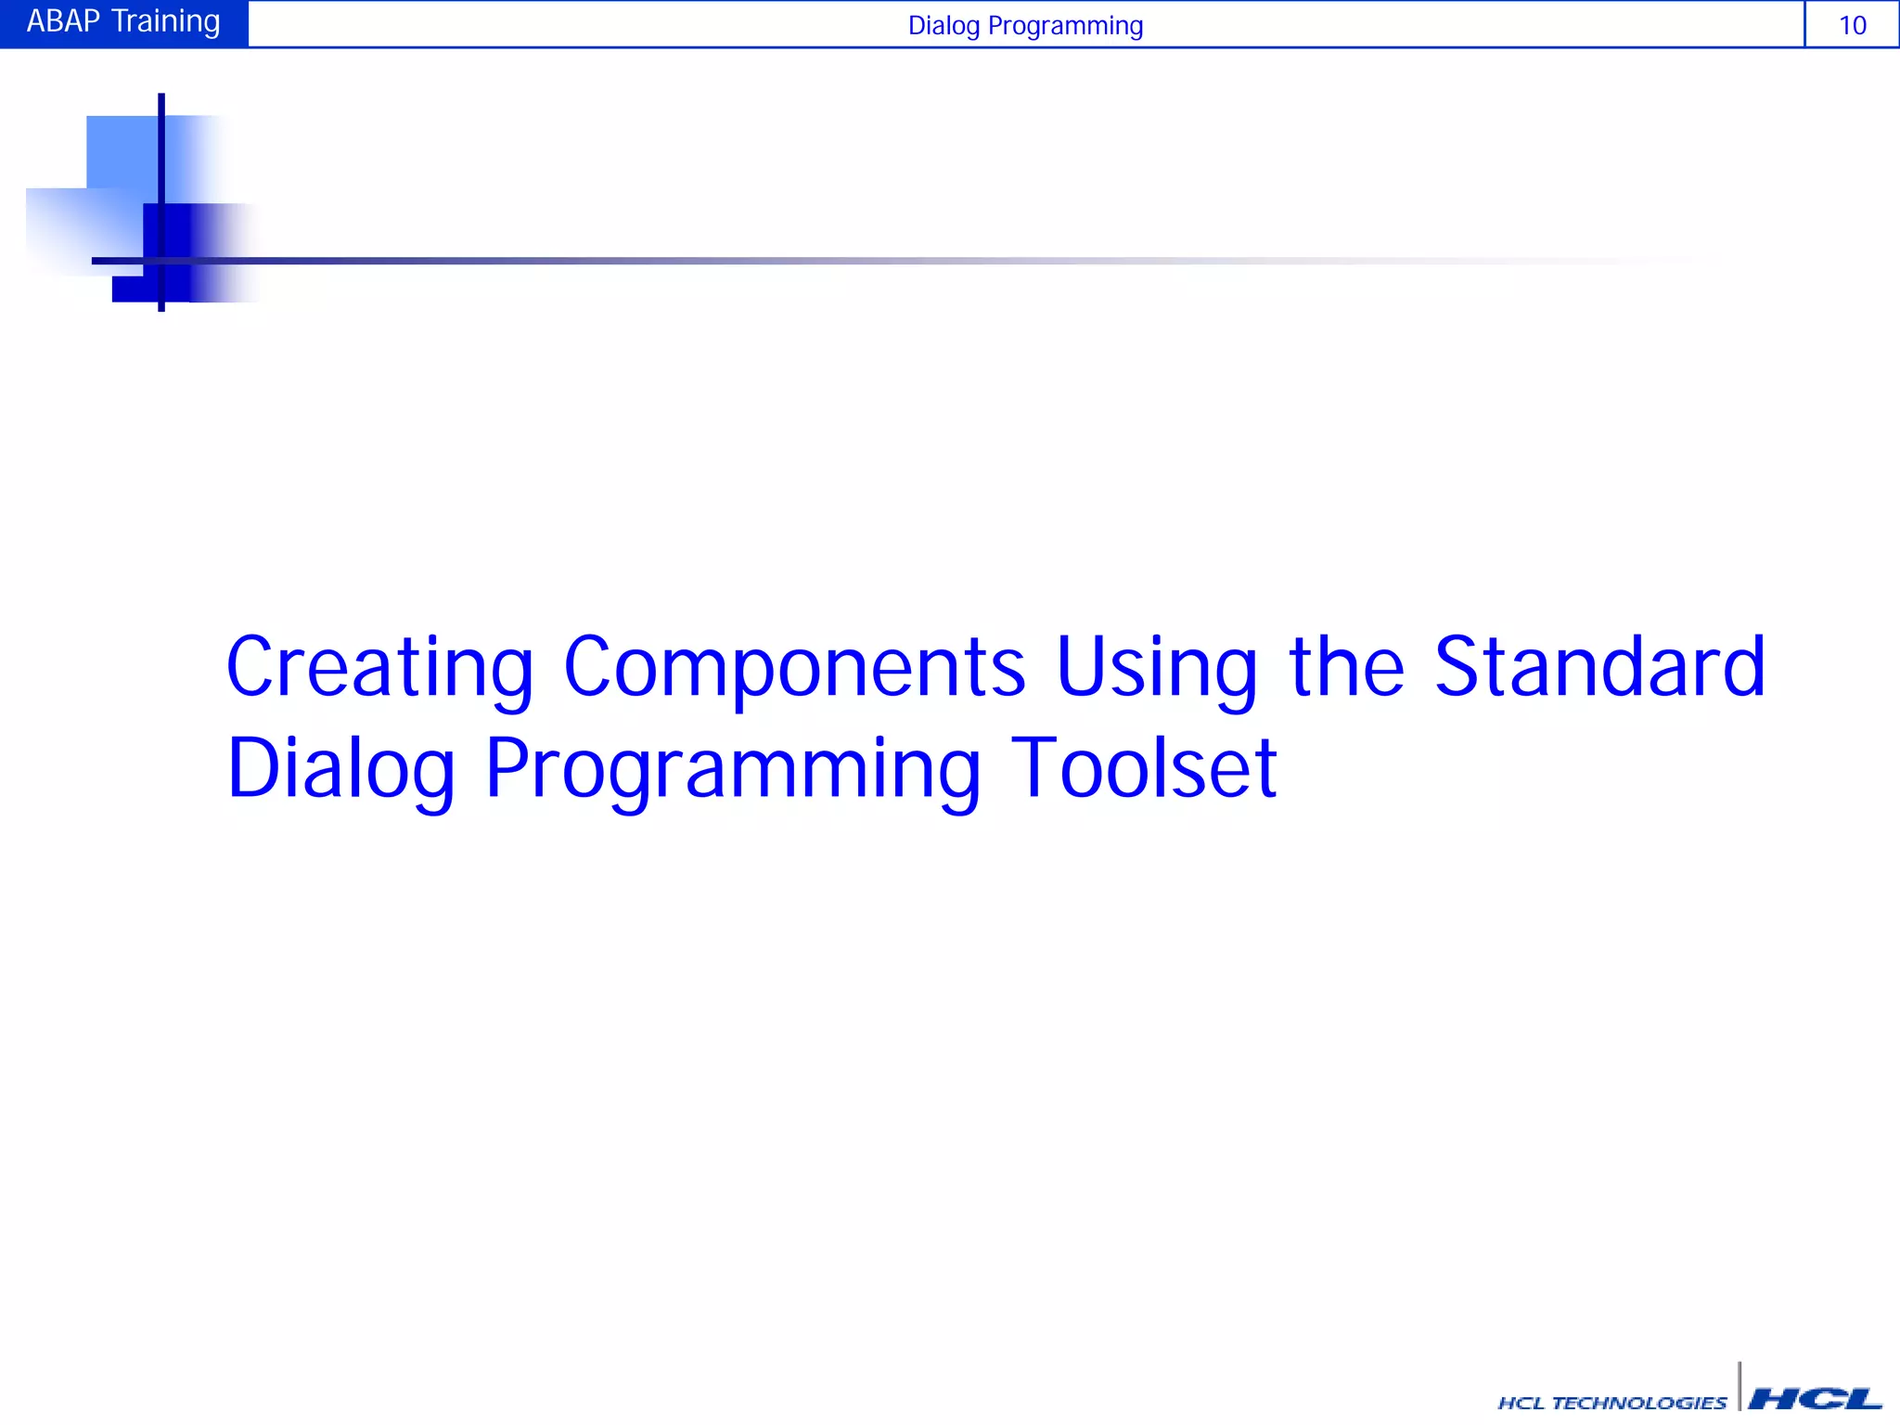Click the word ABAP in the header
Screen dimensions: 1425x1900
(63, 21)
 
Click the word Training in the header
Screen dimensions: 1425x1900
(166, 21)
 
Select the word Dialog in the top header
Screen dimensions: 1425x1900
(944, 26)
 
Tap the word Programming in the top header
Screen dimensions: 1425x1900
(1065, 26)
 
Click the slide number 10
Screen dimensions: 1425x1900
(1852, 25)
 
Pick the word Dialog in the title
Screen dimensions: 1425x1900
(340, 770)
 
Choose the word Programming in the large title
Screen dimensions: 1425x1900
(732, 770)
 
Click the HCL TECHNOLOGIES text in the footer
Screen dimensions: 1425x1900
(1611, 1403)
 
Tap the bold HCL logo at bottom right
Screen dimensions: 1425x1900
(1815, 1399)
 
